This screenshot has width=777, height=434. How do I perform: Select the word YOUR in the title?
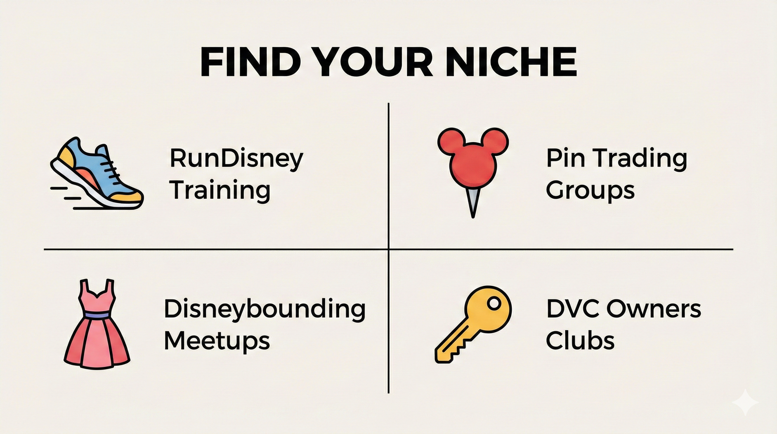coord(374,62)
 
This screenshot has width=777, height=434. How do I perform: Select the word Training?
coord(220,191)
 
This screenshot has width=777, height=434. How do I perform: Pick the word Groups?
coord(590,191)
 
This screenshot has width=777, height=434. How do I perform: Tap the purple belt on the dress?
coord(97,315)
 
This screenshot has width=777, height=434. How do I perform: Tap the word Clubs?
coord(580,340)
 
